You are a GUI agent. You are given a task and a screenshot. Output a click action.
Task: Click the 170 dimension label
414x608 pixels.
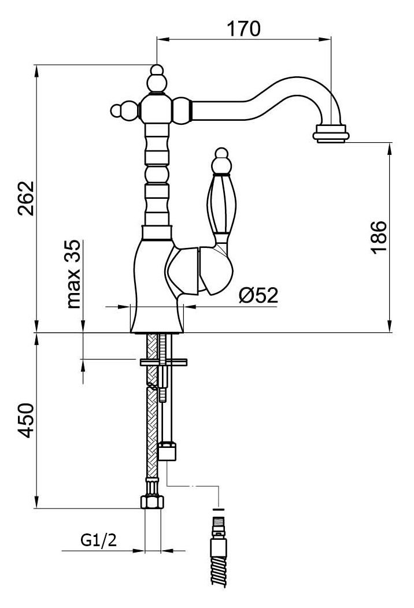point(243,29)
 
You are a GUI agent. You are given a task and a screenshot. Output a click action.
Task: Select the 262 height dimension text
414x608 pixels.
point(27,198)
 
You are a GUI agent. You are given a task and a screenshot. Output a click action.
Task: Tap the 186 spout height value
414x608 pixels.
point(379,237)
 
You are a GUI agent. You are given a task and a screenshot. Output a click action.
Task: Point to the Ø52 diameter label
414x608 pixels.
point(258,295)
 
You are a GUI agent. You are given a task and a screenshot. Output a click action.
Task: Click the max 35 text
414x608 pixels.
point(73,274)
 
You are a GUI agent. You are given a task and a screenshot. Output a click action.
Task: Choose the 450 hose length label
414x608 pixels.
point(27,420)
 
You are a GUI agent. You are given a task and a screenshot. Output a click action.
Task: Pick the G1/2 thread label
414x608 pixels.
point(98,540)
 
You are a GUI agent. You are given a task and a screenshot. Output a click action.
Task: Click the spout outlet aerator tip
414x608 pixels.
point(331,134)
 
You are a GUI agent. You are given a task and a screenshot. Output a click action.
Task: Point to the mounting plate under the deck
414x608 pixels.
point(163,362)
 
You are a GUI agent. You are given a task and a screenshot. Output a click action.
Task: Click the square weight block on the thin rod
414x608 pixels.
point(168,451)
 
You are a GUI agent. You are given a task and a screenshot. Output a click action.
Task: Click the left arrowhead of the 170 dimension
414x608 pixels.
point(162,38)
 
